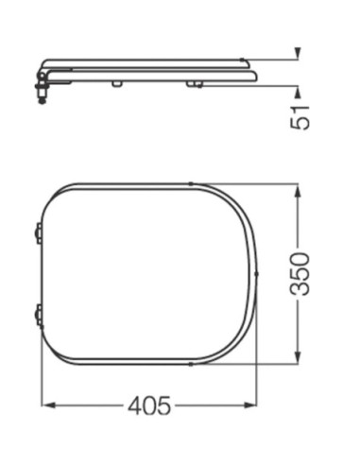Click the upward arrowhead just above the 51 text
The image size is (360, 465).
298,92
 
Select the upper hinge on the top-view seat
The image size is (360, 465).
37,231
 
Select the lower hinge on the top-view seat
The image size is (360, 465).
37,315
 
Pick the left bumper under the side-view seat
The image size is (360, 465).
115,85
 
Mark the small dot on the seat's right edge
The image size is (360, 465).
257,275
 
